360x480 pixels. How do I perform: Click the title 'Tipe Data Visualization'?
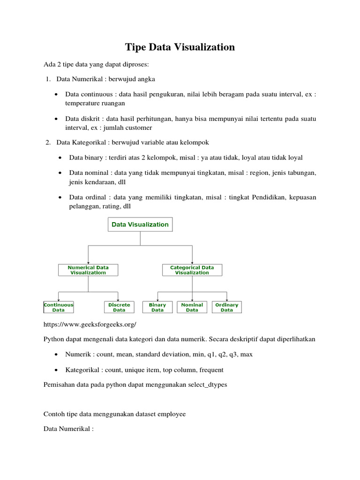(180, 47)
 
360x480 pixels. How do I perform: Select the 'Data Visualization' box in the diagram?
(140, 225)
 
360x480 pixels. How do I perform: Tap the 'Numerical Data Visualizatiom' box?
(88, 270)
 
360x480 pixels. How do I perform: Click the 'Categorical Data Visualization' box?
(192, 270)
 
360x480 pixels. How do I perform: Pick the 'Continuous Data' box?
(59, 307)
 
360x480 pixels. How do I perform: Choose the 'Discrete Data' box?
(119, 307)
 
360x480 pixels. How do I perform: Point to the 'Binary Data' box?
(157, 307)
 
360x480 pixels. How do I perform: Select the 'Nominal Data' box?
(192, 307)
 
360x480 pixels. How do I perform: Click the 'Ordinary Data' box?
(227, 307)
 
